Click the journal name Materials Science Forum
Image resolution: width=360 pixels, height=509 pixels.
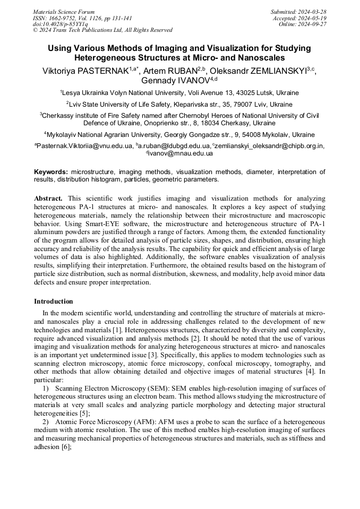coord(64,12)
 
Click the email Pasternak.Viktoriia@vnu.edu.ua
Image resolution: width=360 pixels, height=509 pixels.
coord(85,146)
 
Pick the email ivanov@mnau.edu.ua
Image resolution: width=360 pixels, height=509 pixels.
coord(181,153)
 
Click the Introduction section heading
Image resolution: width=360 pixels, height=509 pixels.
coord(54,301)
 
